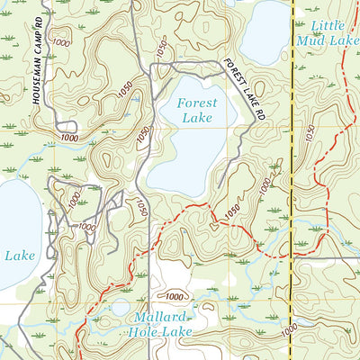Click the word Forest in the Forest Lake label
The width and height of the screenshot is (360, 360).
[x=196, y=103]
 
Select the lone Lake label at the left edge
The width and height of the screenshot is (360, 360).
[x=20, y=256]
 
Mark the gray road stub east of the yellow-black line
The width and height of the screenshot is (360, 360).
[x=326, y=259]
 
